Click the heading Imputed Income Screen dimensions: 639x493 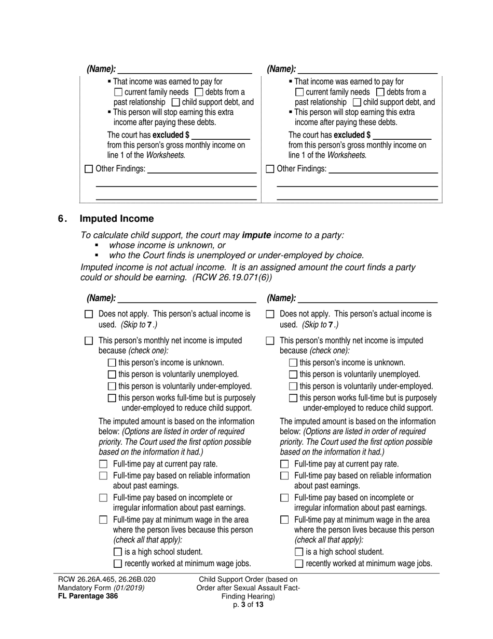tap(116, 219)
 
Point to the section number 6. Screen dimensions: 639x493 tap(62, 219)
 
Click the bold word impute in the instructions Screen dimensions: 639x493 tap(256, 235)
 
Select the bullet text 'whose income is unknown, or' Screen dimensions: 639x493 tap(167, 245)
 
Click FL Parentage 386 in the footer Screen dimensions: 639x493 tap(88, 596)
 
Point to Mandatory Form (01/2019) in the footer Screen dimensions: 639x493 tap(101, 588)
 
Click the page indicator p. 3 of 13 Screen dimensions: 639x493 tap(248, 605)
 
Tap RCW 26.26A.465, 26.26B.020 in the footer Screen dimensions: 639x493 tap(106, 579)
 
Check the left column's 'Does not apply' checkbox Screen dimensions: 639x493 tap(89, 314)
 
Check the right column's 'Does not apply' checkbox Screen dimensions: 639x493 tap(270, 314)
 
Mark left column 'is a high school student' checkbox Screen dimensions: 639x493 tap(118, 552)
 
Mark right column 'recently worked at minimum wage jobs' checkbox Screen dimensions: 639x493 tap(299, 564)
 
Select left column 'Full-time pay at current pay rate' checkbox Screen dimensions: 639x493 tap(103, 464)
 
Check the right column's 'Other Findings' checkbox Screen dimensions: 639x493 tap(270, 169)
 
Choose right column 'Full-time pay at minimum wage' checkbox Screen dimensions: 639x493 tap(284, 520)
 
